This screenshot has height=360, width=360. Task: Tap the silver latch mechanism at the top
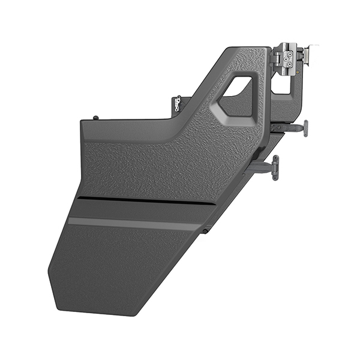tap(289, 59)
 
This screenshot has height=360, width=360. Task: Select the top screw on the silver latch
tap(290, 53)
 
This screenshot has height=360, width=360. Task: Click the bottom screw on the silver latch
tap(290, 65)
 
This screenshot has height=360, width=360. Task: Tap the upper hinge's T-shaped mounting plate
tap(305, 128)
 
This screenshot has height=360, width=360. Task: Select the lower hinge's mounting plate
tap(275, 167)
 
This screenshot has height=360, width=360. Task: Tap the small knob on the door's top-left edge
tap(95, 118)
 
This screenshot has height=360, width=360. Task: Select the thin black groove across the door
tap(144, 200)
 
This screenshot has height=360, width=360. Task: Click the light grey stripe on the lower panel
tap(132, 223)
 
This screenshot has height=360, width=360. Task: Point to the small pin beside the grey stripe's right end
tap(205, 230)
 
